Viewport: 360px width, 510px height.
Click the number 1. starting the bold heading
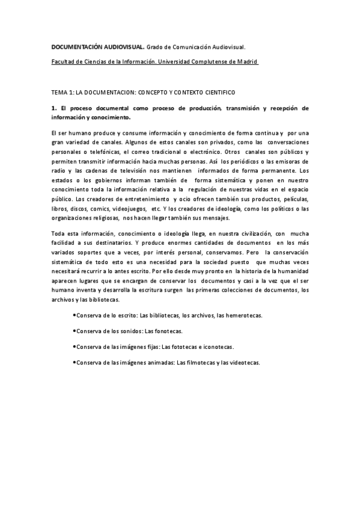[53, 108]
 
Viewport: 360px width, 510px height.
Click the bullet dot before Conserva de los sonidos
[73, 331]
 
